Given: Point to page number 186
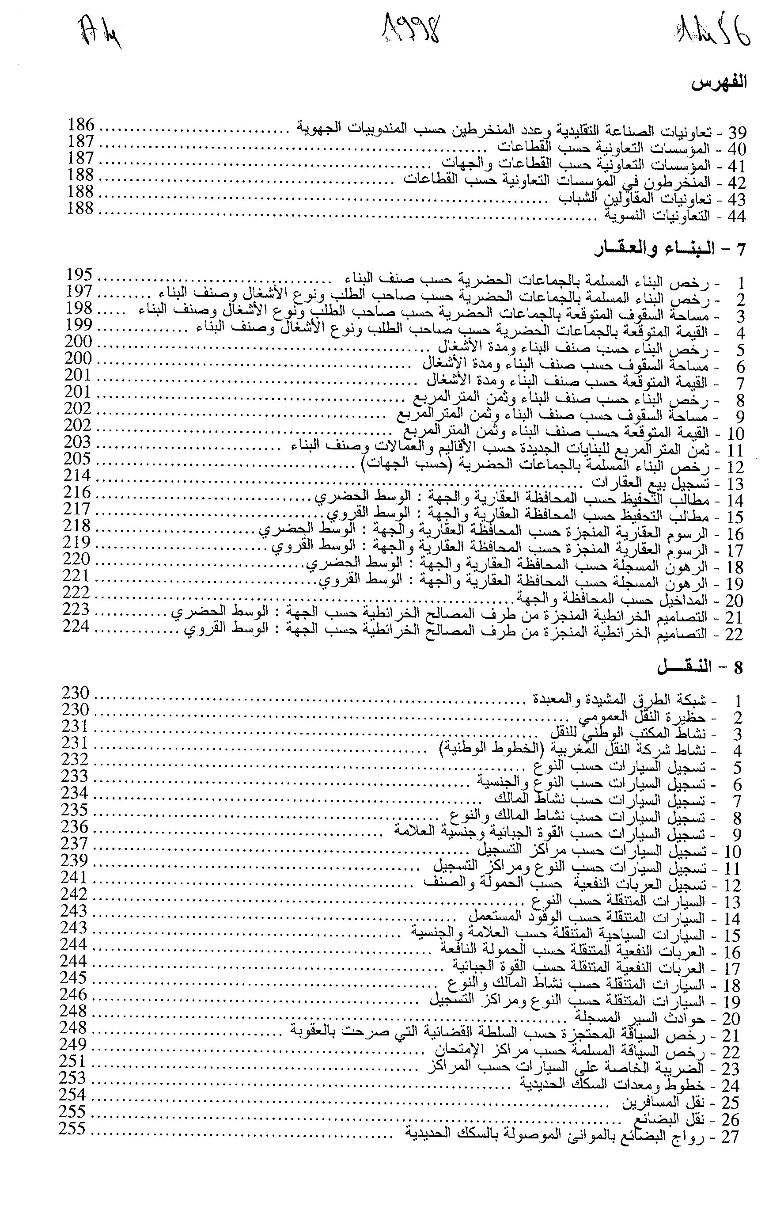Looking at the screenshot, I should tap(81, 125).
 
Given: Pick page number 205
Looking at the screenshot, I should tap(78, 459).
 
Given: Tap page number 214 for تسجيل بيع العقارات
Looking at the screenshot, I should tap(78, 476).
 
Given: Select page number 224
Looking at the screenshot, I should tap(76, 626).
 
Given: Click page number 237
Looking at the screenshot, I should tap(75, 844).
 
